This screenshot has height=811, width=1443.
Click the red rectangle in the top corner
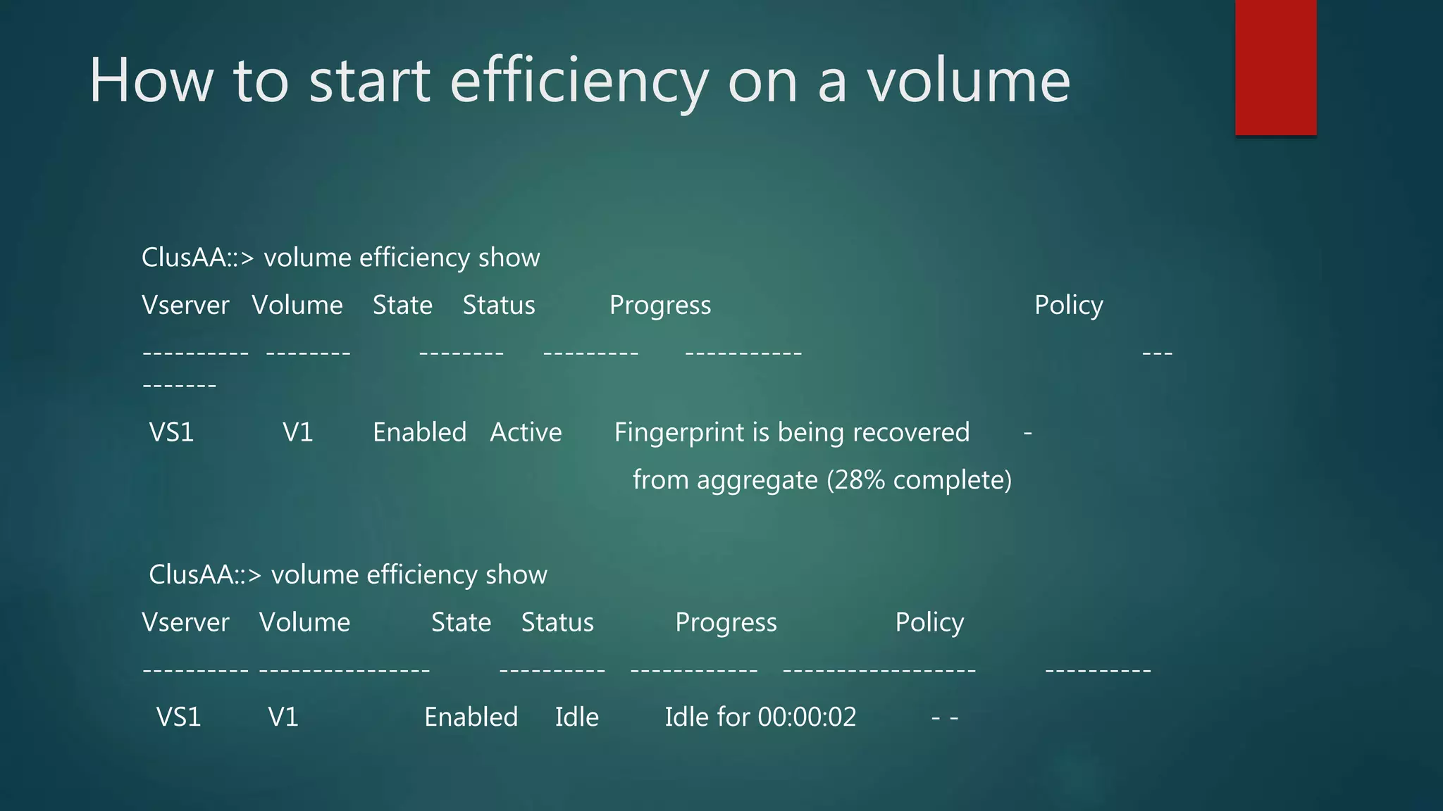pos(1275,67)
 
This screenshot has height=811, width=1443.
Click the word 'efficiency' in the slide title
pos(578,81)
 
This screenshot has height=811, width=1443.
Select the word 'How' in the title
pos(151,81)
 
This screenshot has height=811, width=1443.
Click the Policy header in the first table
pos(1068,306)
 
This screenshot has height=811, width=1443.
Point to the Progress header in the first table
pos(660,306)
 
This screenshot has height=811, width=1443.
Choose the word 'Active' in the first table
pos(526,432)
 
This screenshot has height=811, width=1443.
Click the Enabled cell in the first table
pos(419,432)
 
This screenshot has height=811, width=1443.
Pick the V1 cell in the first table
pos(297,432)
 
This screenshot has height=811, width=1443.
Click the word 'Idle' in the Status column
pos(576,717)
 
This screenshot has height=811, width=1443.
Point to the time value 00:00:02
pos(807,717)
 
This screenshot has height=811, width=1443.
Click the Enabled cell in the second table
pos(471,717)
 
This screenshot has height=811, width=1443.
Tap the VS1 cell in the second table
pos(178,717)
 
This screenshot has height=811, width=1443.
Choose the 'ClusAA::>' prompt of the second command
pos(205,575)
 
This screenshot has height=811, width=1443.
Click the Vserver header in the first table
pos(185,306)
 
